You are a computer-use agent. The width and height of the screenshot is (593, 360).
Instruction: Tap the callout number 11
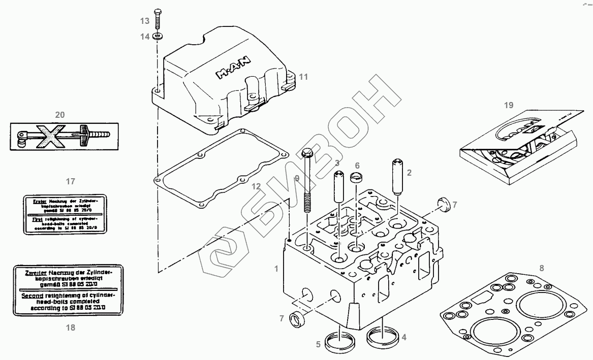[303, 77]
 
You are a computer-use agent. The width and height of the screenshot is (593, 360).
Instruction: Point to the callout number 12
[256, 186]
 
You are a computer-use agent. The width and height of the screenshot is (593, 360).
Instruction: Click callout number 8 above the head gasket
[542, 268]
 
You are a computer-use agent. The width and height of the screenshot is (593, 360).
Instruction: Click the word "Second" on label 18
[32, 295]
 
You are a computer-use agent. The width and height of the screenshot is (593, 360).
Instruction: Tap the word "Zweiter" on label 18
[33, 273]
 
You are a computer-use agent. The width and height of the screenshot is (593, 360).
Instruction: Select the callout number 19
[509, 105]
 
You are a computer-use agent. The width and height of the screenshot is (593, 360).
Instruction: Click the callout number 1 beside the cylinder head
[276, 268]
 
